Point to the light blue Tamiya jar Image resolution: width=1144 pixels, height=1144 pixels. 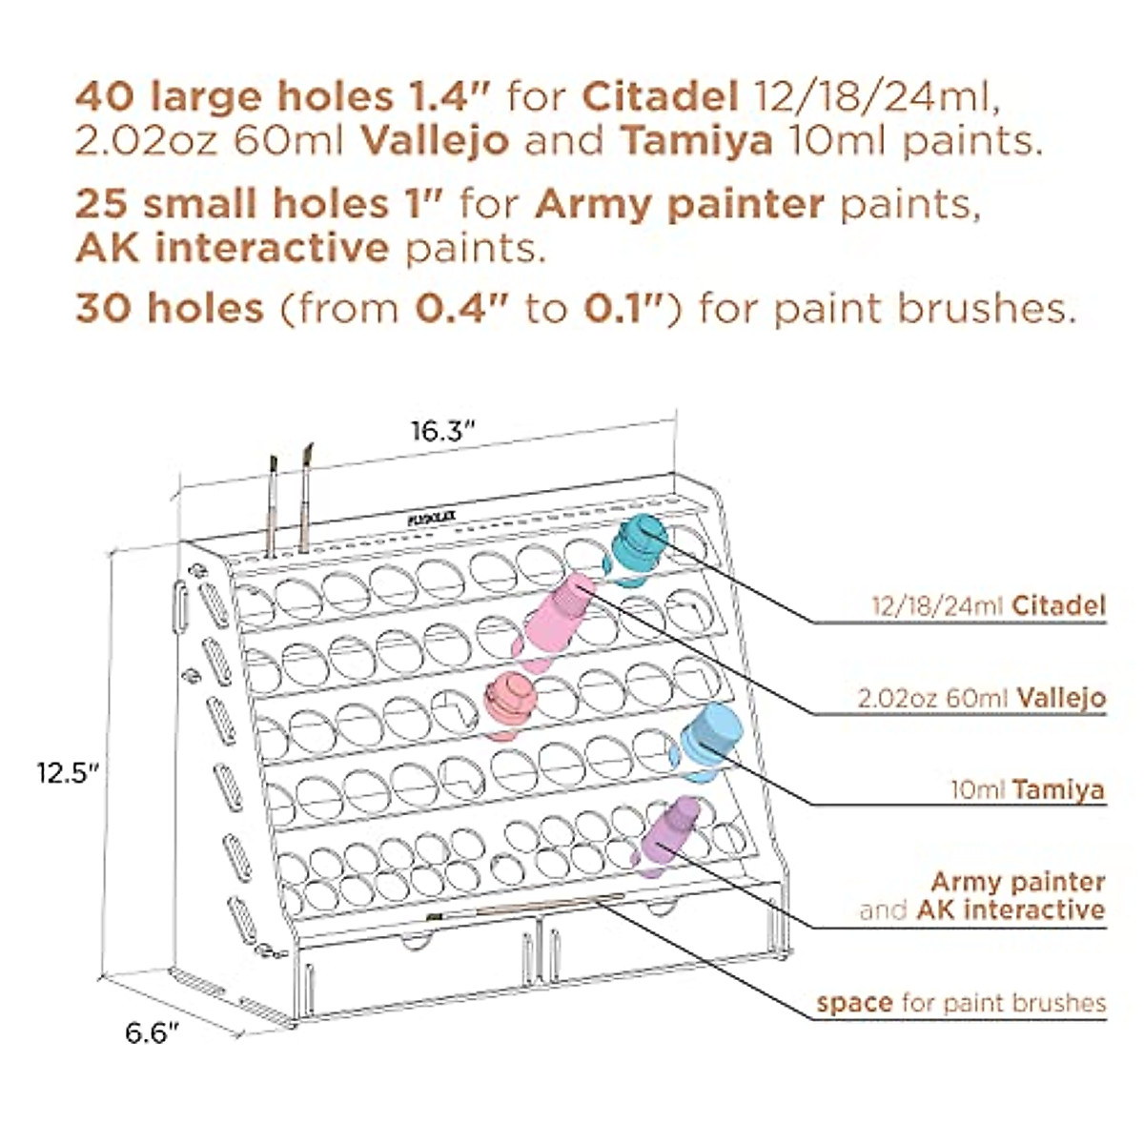click(x=711, y=738)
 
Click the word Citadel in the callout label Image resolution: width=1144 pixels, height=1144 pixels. click(x=1058, y=604)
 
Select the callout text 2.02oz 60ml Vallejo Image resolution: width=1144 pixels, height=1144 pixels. click(x=982, y=697)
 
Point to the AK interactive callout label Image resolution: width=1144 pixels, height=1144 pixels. click(x=1011, y=909)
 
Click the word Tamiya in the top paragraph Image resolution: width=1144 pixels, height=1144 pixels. click(x=696, y=140)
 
